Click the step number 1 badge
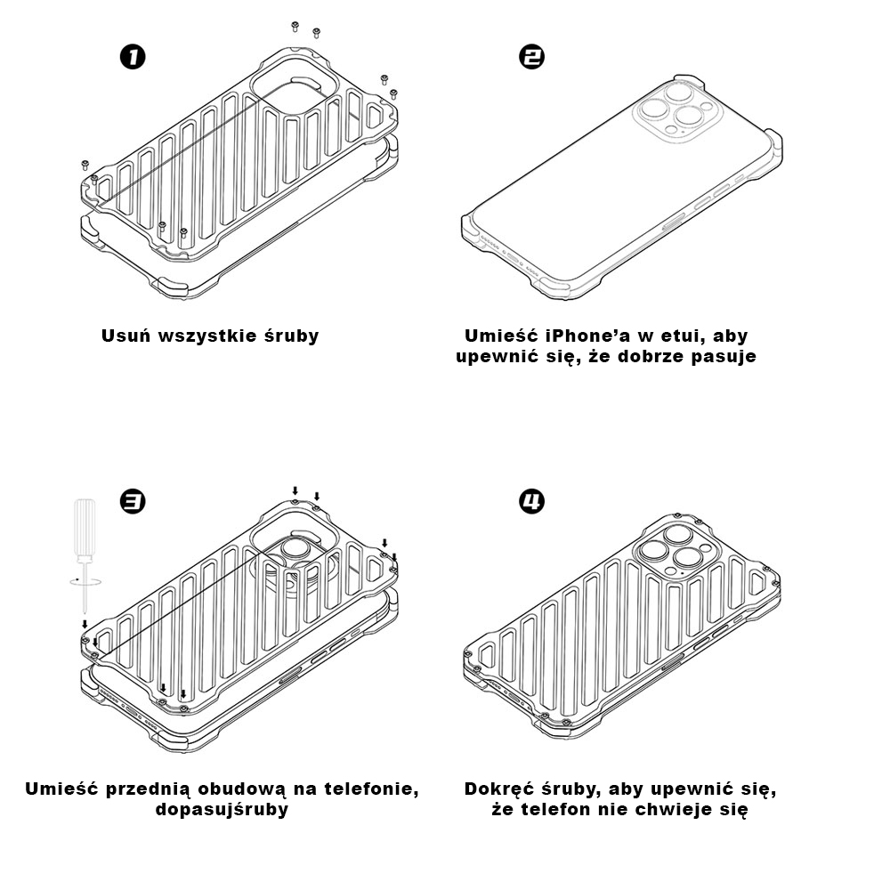pos(132,58)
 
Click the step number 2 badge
pos(531,58)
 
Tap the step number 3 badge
pos(132,502)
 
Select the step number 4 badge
pos(531,502)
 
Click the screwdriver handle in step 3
pos(85,528)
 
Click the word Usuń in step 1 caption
pos(125,336)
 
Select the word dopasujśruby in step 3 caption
pos(222,810)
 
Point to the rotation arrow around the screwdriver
pos(84,579)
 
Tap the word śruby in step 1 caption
pos(291,336)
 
